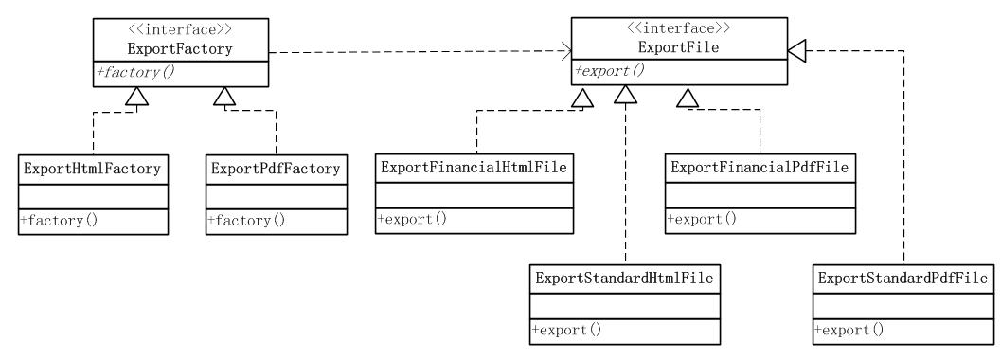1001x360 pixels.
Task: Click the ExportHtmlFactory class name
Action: tap(90, 171)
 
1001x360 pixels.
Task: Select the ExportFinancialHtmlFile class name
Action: tap(474, 168)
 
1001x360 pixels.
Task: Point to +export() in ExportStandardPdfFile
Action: tap(848, 331)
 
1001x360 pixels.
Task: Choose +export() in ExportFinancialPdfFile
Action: tap(702, 221)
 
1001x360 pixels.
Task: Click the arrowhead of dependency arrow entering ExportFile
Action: tap(567, 49)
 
